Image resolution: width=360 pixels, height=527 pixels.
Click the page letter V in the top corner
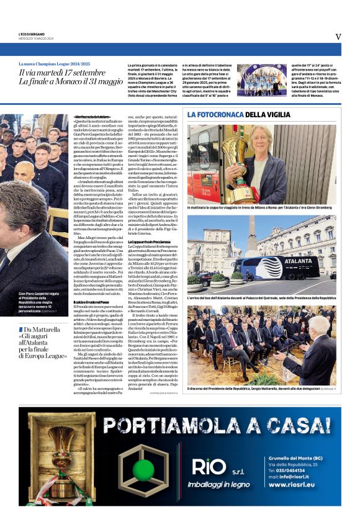click(x=338, y=37)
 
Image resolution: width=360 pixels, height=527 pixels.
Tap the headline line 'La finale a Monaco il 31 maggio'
click(x=71, y=81)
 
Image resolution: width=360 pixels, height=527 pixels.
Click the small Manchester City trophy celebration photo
click(x=261, y=79)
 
